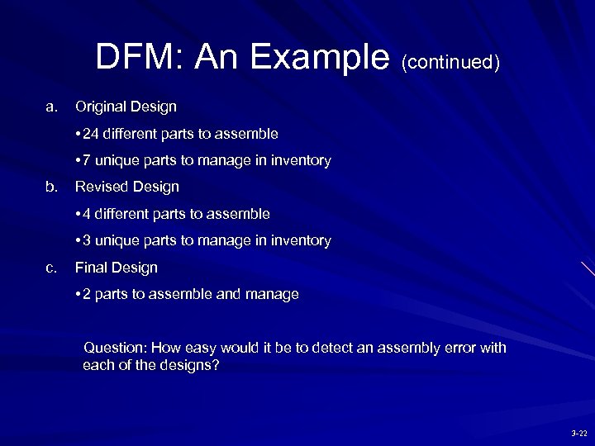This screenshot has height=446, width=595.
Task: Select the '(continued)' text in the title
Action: tap(450, 63)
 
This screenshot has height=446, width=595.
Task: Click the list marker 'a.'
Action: tap(52, 107)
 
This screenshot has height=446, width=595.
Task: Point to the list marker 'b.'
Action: tap(52, 187)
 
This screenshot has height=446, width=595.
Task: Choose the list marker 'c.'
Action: tap(52, 268)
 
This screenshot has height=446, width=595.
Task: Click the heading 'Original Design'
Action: tap(126, 107)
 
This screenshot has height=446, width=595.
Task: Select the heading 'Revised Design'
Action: tap(126, 187)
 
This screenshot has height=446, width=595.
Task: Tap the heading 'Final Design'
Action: tap(116, 268)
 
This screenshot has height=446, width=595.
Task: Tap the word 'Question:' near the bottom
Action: tap(113, 348)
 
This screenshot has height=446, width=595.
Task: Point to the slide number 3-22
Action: tap(578, 433)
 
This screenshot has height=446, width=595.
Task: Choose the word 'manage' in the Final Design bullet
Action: tap(274, 294)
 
